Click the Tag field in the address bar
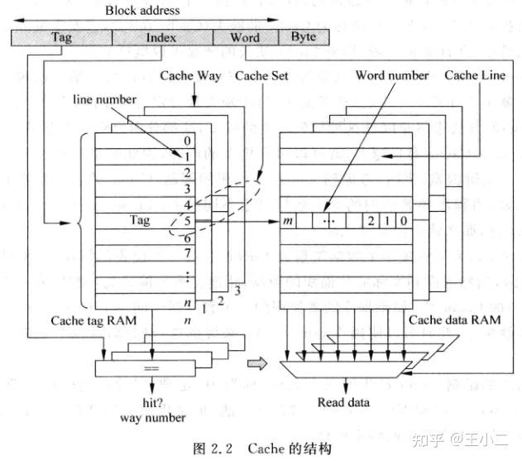(x=61, y=38)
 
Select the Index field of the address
(x=161, y=38)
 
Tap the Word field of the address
(x=245, y=38)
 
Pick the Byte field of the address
(x=303, y=38)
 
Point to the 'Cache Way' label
(x=190, y=77)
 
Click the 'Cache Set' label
(x=261, y=77)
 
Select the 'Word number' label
(x=391, y=76)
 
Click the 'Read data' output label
(x=344, y=404)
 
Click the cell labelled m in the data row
(x=289, y=222)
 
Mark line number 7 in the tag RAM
(x=188, y=252)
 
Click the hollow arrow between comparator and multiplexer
(x=258, y=362)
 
